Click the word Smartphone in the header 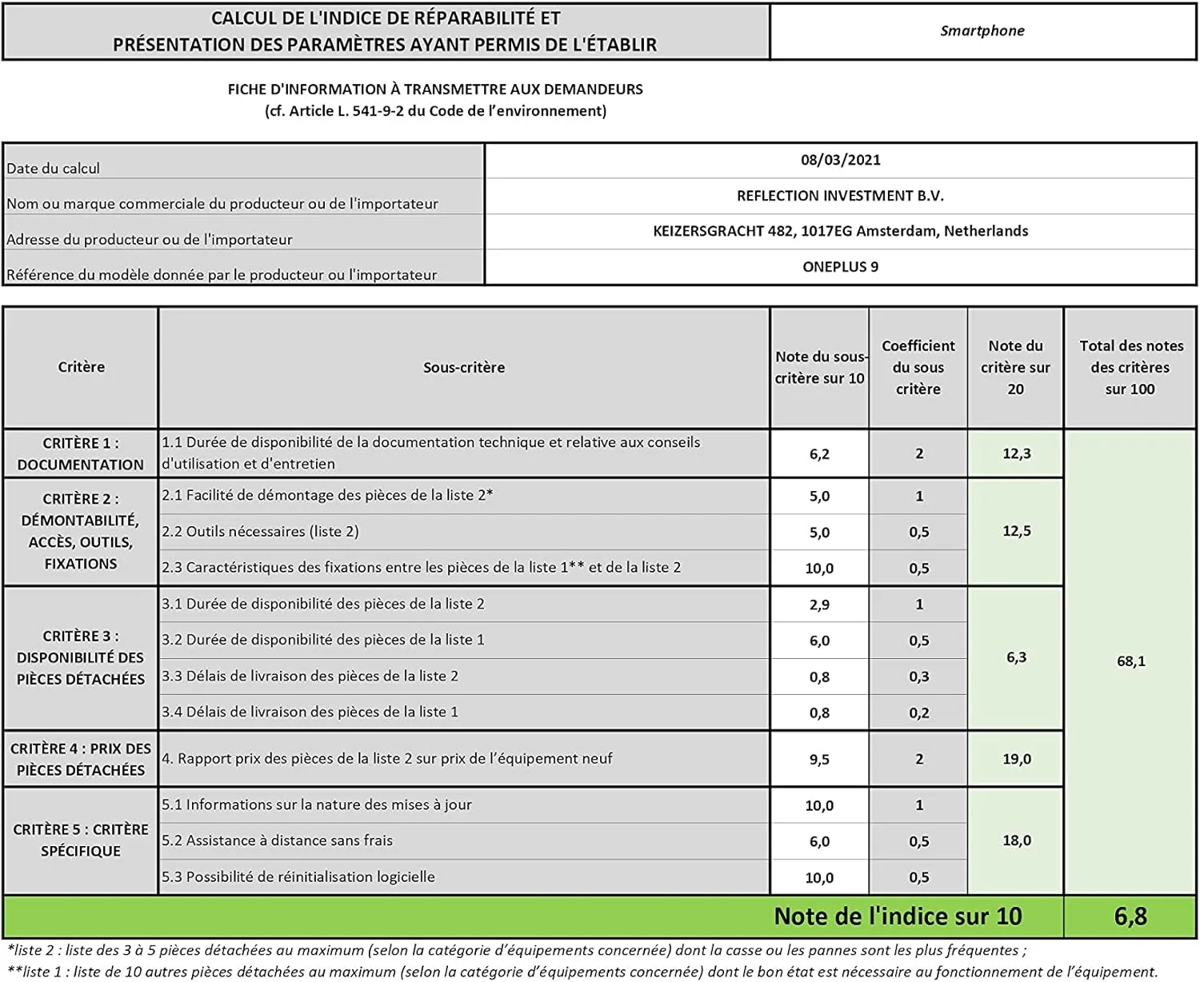(982, 31)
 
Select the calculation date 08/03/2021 (840, 160)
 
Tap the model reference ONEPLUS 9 (840, 267)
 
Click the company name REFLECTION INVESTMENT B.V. (840, 196)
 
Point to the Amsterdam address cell (840, 231)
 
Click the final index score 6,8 (1130, 916)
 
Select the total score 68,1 (1130, 661)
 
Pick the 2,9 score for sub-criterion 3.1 (819, 605)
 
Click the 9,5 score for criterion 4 (819, 760)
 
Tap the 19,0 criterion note (1016, 759)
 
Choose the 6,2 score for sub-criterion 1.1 (819, 454)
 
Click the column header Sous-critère (464, 368)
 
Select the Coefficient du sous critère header (918, 367)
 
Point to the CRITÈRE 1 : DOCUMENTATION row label (81, 453)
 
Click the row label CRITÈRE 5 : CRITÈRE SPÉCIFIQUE (81, 840)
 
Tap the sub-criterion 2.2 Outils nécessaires (260, 532)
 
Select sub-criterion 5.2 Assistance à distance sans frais (277, 840)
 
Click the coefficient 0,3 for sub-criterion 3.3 (918, 677)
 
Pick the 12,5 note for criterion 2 (1016, 531)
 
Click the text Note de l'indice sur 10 (898, 916)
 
